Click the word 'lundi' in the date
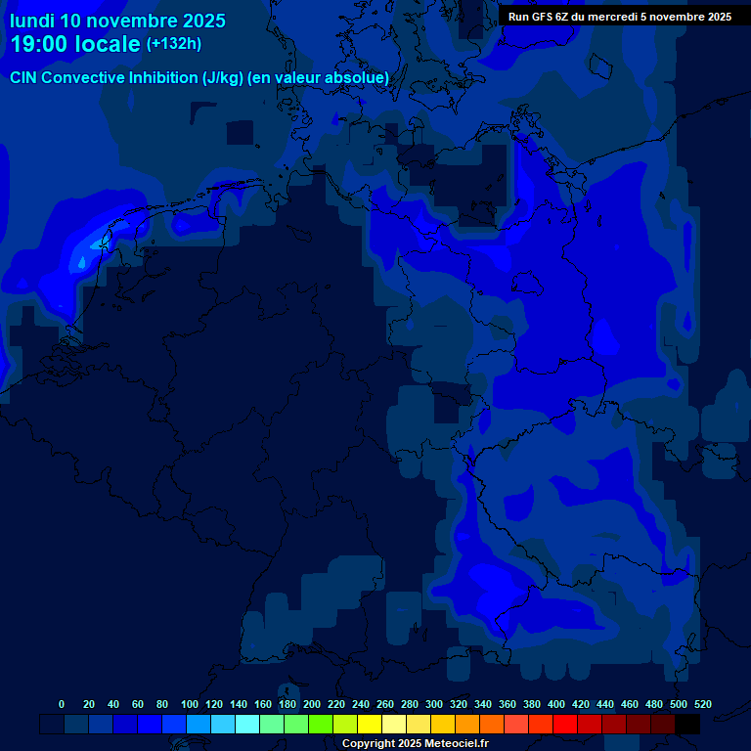[32, 21]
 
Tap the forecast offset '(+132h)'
[174, 43]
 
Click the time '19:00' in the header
[41, 44]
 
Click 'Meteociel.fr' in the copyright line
[456, 743]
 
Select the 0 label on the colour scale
[62, 704]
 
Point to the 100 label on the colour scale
[190, 704]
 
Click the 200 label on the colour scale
[312, 704]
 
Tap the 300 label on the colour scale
[434, 704]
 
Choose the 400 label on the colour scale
[556, 704]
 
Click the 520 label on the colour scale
[703, 704]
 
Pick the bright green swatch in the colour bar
[321, 725]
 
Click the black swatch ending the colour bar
[687, 725]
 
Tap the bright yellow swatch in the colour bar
[370, 725]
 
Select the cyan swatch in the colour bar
[247, 725]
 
